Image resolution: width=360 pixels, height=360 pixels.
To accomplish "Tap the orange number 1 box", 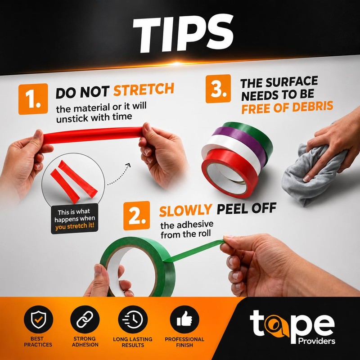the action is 33,99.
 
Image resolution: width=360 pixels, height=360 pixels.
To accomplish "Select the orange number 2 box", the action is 136,216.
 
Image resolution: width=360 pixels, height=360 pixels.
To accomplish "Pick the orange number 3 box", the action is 218,89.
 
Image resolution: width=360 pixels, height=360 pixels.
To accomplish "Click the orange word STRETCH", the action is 144,90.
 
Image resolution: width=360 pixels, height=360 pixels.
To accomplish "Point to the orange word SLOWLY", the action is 185,210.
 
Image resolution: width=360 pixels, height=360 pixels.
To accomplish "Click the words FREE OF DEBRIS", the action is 287,107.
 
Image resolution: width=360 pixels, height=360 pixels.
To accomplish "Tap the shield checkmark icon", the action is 38,319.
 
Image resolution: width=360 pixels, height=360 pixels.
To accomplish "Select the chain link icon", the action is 85,319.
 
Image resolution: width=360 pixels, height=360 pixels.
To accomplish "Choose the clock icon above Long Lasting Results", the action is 133,319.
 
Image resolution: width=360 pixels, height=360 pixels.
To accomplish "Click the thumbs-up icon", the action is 184,319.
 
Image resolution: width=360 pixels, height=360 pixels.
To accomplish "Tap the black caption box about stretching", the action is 74,219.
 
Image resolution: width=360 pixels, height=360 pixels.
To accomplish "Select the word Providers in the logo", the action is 317,341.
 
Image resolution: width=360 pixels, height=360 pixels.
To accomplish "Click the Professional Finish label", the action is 184,342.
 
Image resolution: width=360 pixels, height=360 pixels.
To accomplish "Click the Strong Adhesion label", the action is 85,342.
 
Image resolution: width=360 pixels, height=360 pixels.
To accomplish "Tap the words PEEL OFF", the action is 246,208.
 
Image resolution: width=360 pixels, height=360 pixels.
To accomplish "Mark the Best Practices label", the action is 38,342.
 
